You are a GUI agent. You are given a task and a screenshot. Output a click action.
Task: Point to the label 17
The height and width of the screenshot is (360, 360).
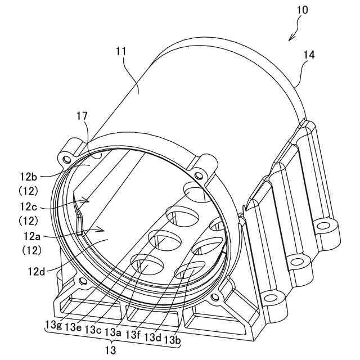point(83,116)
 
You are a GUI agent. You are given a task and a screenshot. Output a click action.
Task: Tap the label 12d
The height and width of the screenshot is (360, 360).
point(35,271)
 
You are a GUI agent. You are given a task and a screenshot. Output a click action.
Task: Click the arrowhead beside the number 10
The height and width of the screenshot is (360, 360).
point(291,38)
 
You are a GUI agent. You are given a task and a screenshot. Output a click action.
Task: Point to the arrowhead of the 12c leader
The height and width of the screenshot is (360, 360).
point(88,199)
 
